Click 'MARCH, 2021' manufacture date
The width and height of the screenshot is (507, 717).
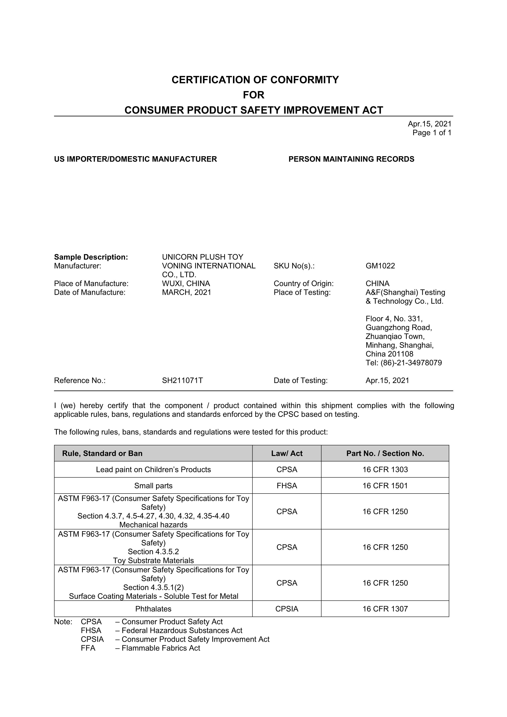186,292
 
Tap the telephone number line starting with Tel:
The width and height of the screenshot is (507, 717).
403,363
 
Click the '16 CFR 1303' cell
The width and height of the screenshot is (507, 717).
385,470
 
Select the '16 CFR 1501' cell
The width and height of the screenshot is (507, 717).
385,486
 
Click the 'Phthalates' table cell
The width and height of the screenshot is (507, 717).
153,609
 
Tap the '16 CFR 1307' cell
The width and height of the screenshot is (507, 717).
385,609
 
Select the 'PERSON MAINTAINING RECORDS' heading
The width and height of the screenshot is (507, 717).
351,159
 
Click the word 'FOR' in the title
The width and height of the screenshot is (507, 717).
253,95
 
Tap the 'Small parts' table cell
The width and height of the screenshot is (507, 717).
153,486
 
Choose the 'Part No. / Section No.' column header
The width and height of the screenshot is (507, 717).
385,453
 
